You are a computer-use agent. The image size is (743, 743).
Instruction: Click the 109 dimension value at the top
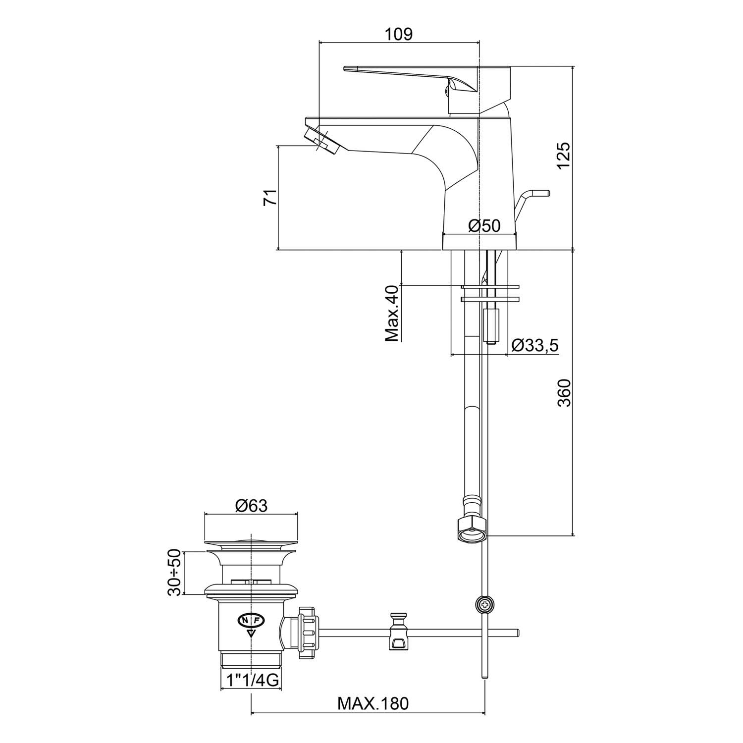tap(399, 34)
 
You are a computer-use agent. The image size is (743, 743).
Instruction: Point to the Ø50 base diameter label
tap(484, 226)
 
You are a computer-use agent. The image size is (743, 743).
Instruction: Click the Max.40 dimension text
tap(392, 313)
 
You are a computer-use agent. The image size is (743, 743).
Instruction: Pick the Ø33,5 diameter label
tap(534, 345)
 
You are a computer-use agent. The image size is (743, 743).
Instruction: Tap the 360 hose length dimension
tap(564, 393)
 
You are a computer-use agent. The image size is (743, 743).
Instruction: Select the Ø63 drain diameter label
tap(251, 506)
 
